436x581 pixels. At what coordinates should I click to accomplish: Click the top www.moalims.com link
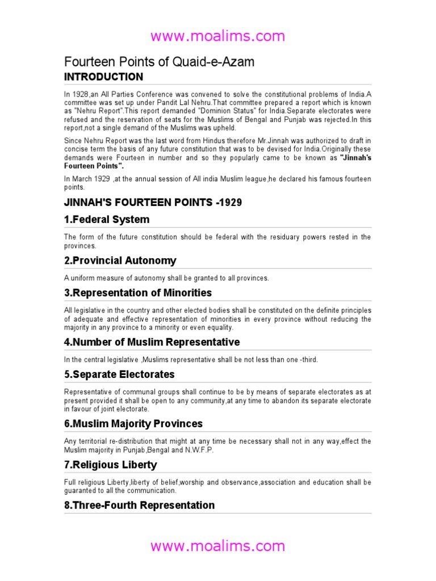[x=217, y=37]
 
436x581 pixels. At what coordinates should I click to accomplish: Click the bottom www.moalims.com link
[x=217, y=546]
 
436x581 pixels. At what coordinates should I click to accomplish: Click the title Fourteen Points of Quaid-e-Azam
[x=159, y=62]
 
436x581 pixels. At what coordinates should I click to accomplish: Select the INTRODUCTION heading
[x=103, y=77]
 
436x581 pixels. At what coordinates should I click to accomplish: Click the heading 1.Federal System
[x=107, y=220]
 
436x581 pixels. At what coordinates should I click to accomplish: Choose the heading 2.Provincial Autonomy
[x=120, y=261]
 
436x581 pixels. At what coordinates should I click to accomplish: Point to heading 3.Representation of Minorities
[x=138, y=293]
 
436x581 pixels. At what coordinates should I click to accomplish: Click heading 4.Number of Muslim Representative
[x=152, y=342]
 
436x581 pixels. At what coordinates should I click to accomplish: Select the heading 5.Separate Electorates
[x=119, y=374]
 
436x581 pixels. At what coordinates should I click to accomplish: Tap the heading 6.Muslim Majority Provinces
[x=133, y=424]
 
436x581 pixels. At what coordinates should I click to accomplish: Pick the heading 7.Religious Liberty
[x=111, y=465]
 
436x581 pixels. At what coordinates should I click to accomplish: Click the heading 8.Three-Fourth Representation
[x=140, y=505]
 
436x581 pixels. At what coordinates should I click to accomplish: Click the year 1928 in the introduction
[x=79, y=94]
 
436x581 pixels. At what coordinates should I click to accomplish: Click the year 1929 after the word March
[x=102, y=179]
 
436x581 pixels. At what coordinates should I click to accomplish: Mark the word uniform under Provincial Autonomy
[x=80, y=277]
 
